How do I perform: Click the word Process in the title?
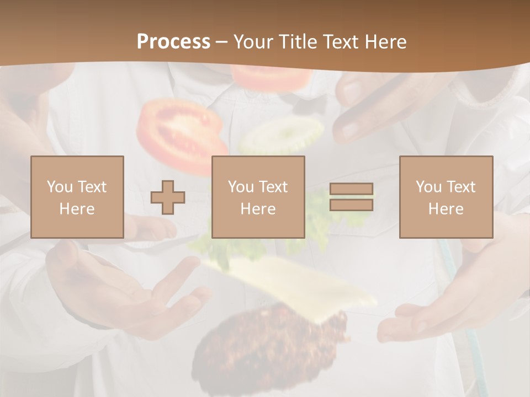point(173,42)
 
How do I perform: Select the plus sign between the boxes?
point(168,197)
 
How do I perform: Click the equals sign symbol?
point(351,197)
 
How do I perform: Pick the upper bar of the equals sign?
point(351,189)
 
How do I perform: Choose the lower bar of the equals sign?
point(351,205)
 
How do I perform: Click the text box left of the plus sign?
point(77,197)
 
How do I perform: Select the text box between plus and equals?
point(258,197)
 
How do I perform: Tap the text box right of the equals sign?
point(446,197)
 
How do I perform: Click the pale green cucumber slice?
point(282,135)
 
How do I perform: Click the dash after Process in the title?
point(222,42)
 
